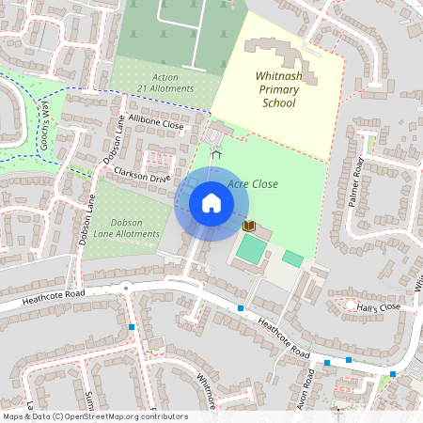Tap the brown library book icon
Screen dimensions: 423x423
point(249,227)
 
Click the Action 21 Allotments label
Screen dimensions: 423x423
point(164,83)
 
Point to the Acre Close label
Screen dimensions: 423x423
point(253,184)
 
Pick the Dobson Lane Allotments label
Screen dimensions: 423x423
point(127,228)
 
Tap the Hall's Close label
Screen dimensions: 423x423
point(378,306)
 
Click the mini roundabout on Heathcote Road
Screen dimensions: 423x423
point(126,289)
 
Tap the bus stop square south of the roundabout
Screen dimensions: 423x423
point(132,327)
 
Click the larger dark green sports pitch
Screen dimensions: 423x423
point(251,249)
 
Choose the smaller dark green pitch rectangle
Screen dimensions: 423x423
point(293,258)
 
